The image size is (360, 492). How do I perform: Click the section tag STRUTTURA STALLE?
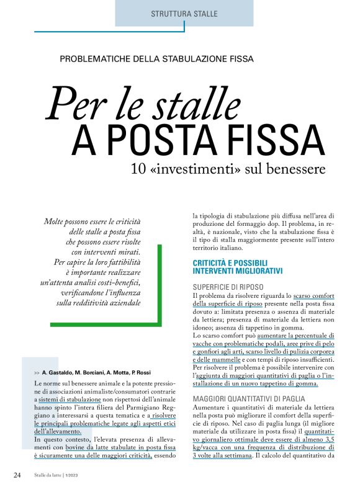click(x=184, y=13)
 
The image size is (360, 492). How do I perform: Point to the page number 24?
click(x=18, y=475)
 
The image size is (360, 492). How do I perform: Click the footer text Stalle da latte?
click(x=47, y=475)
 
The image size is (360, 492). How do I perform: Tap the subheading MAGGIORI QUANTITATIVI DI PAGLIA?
click(x=254, y=398)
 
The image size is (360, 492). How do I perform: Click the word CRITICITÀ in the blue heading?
click(x=215, y=262)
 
